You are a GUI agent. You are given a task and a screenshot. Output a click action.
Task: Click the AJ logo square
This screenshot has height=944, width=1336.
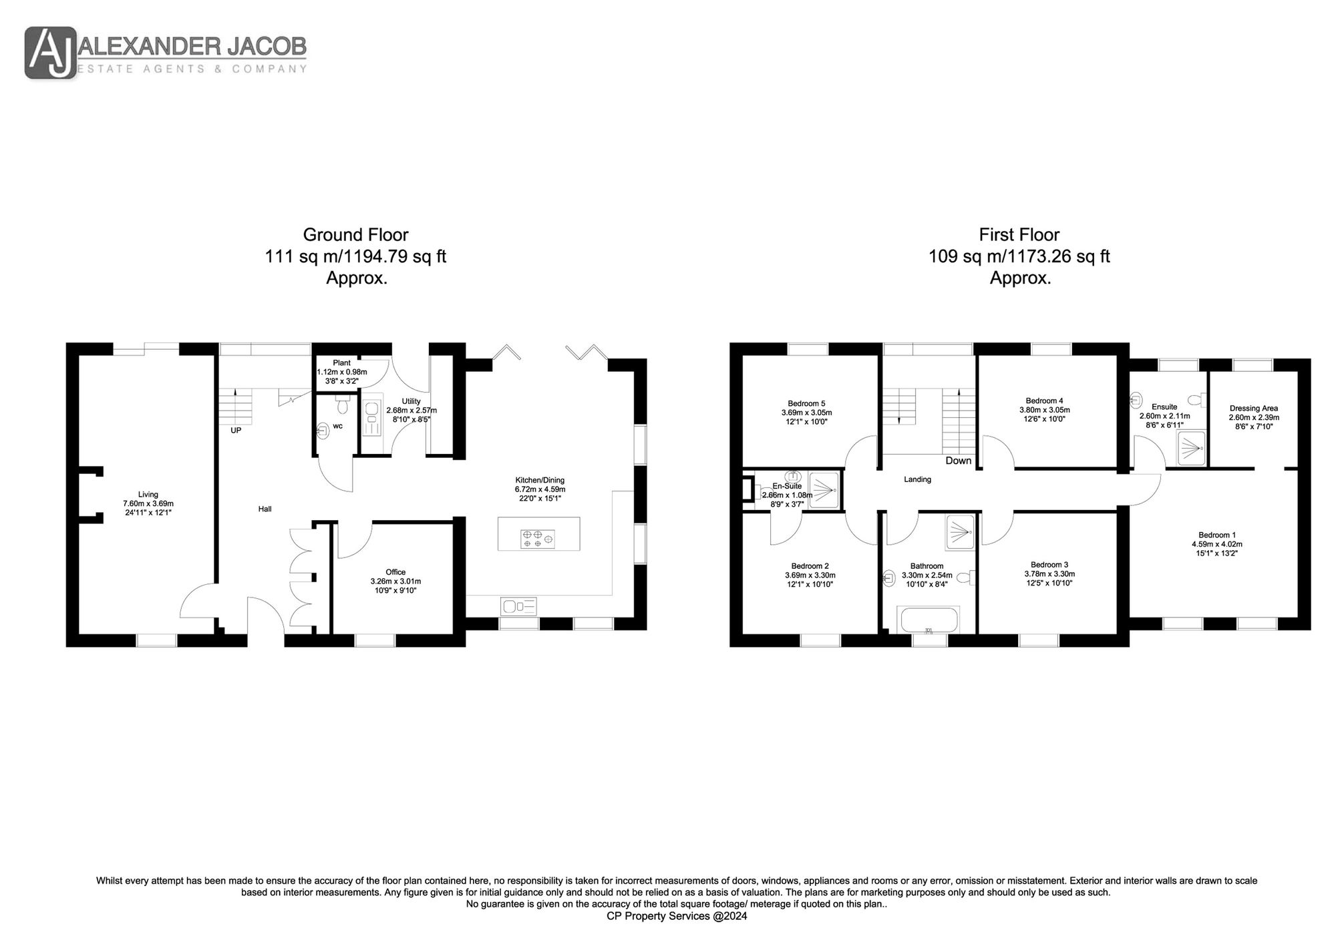51,53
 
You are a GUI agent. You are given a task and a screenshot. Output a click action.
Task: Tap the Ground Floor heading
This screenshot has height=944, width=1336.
355,235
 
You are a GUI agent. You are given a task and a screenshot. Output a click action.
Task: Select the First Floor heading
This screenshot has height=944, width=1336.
1019,235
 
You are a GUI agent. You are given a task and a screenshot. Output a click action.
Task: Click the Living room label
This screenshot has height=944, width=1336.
148,495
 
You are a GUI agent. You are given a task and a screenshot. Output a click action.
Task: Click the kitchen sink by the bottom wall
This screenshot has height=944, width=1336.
518,607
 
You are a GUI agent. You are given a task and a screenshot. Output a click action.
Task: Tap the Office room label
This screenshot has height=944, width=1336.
395,572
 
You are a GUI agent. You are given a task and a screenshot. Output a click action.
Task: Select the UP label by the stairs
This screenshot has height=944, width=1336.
236,431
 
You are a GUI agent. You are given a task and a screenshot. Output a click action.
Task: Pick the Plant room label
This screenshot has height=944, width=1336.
341,363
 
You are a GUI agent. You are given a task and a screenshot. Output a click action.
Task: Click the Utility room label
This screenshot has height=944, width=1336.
411,401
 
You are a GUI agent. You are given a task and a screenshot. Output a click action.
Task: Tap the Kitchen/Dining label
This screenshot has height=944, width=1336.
540,480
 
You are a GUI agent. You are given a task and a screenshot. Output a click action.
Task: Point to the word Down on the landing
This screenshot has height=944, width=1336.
959,461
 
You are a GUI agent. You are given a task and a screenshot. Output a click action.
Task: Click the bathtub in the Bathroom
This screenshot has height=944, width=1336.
929,620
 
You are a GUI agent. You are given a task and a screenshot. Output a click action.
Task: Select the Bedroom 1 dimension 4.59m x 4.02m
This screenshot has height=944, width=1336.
1217,544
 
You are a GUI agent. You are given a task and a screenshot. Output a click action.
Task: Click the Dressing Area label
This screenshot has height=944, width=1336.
1254,408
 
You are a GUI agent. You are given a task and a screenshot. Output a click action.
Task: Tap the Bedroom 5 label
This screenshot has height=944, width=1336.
806,403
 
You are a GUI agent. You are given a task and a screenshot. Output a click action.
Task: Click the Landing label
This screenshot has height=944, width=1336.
917,479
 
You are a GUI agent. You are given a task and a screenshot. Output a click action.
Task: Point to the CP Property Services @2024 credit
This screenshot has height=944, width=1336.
677,917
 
